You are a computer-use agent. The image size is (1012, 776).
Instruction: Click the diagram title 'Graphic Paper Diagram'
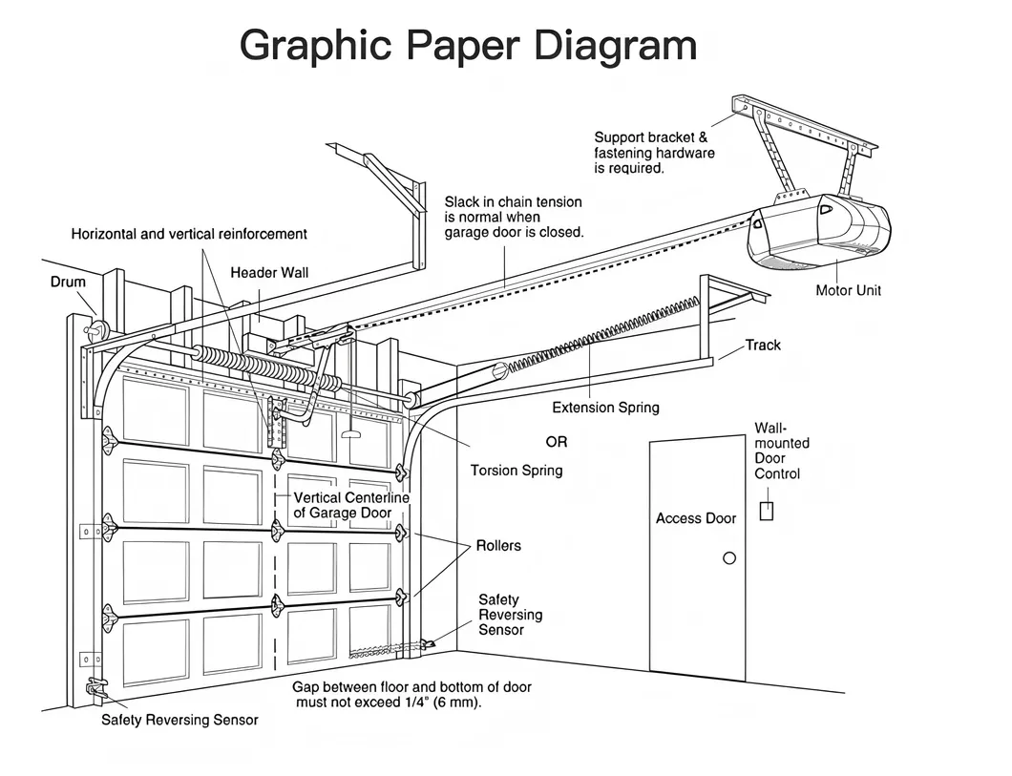[468, 46]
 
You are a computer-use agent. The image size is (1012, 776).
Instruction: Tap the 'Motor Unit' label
[848, 290]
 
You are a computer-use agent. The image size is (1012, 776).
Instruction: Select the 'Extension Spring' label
[605, 408]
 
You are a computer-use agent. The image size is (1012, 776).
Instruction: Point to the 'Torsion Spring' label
[517, 470]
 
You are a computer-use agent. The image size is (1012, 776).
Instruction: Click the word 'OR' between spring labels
[556, 442]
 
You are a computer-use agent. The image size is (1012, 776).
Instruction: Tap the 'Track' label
[763, 345]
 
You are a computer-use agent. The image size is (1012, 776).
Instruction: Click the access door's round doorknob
[729, 558]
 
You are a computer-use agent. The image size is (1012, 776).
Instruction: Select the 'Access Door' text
[696, 518]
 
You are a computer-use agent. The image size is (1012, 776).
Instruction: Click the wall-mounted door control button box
[766, 511]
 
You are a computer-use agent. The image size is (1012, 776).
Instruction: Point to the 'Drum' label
[68, 282]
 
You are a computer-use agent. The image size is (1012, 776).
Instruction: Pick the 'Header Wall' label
[269, 272]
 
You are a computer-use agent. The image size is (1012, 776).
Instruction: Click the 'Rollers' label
[498, 545]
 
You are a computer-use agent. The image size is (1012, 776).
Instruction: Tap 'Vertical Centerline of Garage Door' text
[350, 505]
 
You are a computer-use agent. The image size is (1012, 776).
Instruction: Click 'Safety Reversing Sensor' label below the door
[179, 720]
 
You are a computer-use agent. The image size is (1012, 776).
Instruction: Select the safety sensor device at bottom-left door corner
[96, 687]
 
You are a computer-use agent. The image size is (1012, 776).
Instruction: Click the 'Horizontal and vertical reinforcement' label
[189, 234]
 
